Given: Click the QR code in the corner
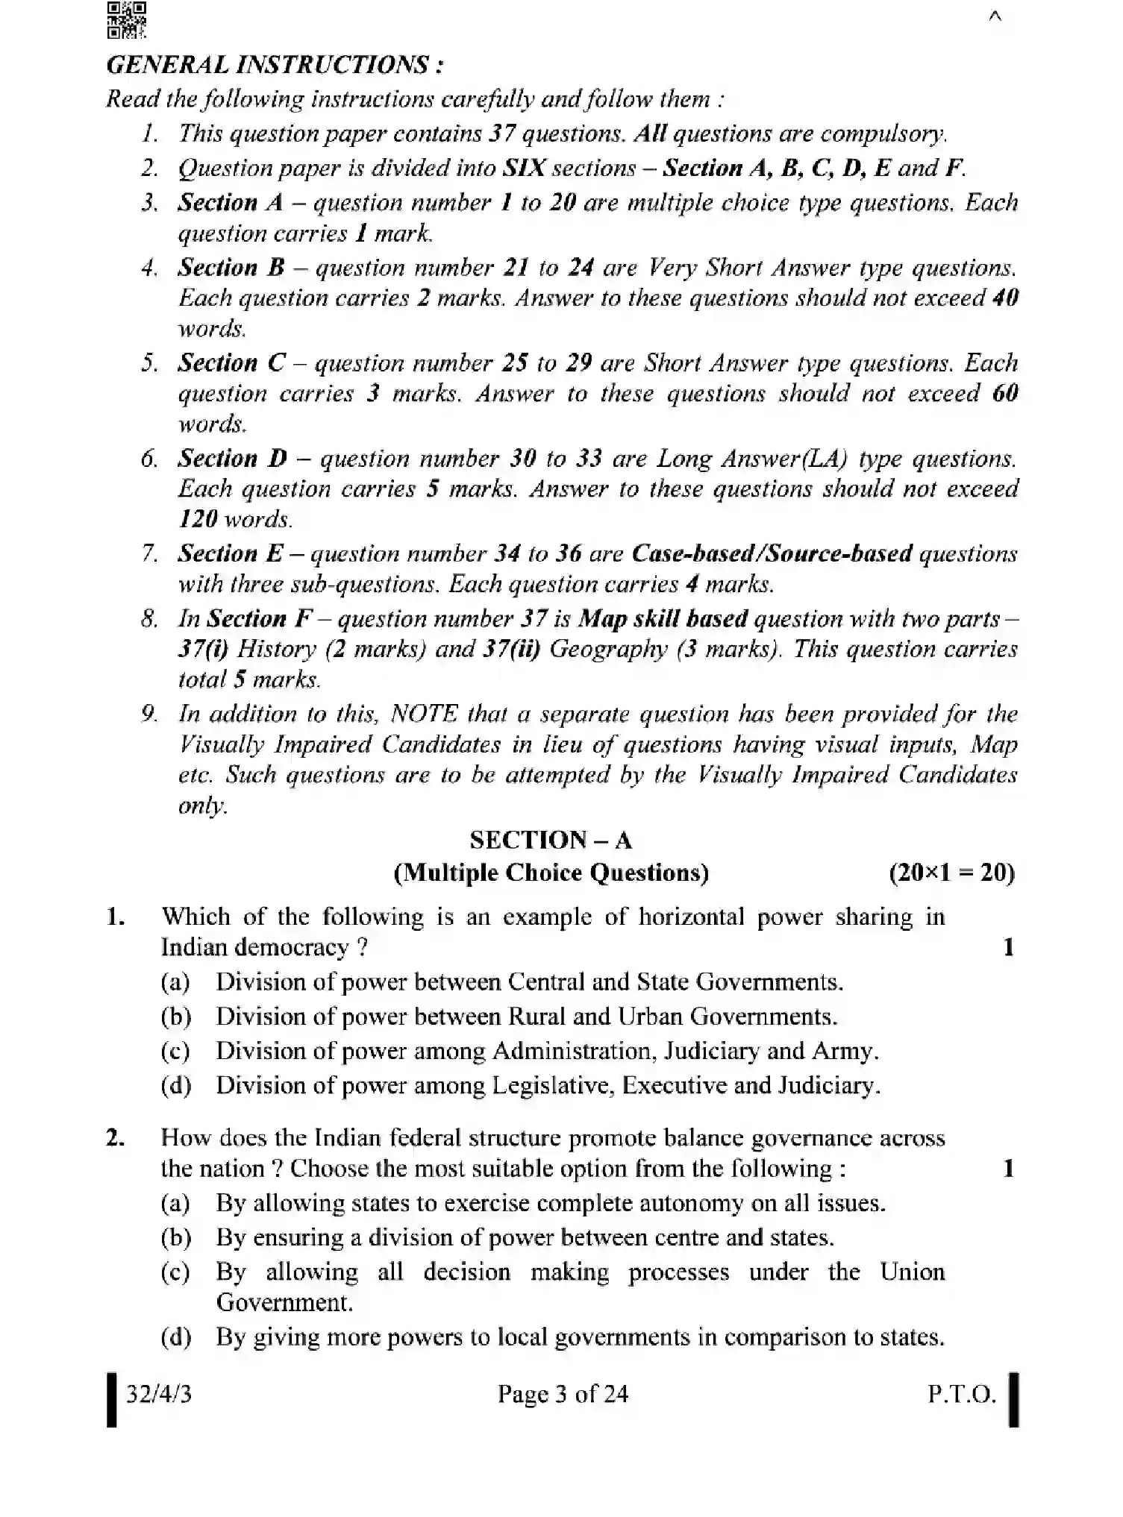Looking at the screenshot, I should pos(126,20).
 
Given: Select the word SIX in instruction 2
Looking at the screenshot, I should pos(525,168).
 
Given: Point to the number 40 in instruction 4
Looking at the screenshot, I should pos(1005,298).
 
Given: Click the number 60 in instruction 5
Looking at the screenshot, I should pos(1005,393).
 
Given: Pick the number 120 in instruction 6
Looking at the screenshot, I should pos(198,519).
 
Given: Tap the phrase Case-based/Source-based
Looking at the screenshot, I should pos(771,553).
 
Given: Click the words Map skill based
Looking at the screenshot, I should pos(663,618).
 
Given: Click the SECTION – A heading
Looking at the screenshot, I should pos(551,841).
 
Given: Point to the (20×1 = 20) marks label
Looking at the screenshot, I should pos(951,873).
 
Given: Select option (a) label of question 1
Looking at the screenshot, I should pos(175,982).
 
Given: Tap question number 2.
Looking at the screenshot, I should pos(116,1138).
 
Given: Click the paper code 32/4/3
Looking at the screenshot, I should pos(158,1393).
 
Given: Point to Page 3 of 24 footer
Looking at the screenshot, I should pos(563,1393).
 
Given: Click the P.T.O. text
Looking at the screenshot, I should pos(961,1393).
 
